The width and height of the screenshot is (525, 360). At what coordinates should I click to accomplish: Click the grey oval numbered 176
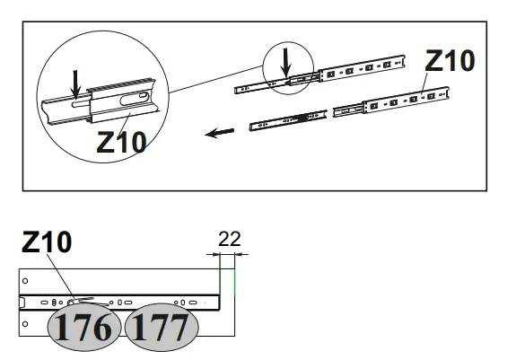[x=84, y=327]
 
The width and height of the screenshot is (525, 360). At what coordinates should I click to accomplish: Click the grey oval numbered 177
[x=162, y=327]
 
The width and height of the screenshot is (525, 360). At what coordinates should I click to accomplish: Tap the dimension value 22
[x=230, y=239]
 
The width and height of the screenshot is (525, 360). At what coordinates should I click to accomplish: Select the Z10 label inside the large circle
[x=121, y=142]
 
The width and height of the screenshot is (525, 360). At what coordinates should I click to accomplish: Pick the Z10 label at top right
[x=450, y=61]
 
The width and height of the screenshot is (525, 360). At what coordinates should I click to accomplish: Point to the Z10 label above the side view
[x=47, y=241]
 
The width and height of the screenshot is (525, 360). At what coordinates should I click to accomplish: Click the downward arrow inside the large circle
[x=76, y=84]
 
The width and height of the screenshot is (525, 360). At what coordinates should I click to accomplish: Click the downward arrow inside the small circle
[x=285, y=63]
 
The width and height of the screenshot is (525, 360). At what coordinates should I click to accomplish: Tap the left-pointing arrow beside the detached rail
[x=219, y=133]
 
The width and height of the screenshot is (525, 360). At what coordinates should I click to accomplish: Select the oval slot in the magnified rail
[x=134, y=99]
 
